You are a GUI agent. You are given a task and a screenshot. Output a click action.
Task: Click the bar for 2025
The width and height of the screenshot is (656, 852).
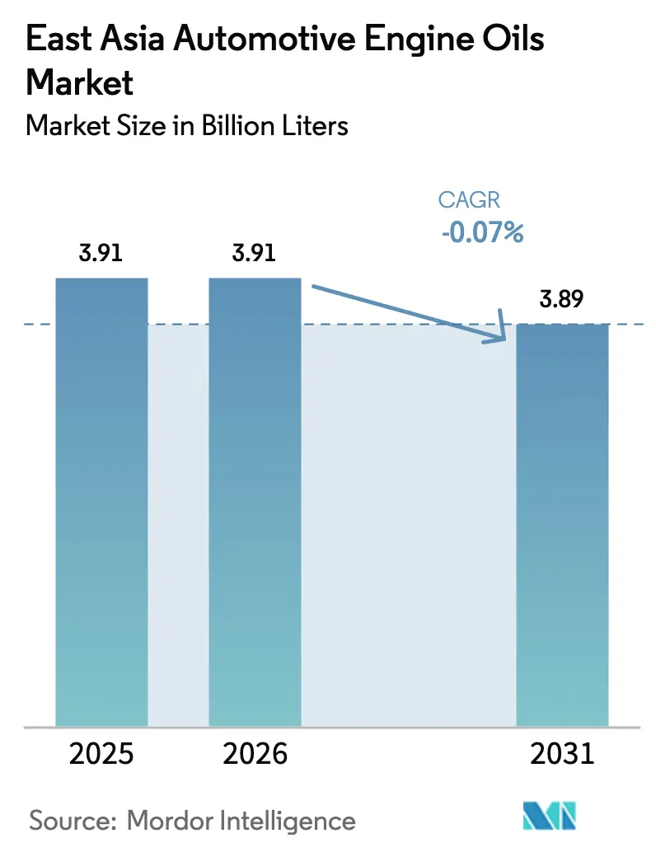click(101, 502)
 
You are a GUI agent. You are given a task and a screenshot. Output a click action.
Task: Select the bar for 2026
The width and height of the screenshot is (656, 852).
click(255, 502)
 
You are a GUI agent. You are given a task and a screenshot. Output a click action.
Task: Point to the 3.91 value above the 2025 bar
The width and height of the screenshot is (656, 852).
click(101, 254)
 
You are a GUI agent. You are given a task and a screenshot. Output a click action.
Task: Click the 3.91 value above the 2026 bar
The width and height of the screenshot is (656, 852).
click(255, 254)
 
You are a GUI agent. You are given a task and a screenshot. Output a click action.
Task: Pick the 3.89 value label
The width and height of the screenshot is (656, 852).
click(562, 300)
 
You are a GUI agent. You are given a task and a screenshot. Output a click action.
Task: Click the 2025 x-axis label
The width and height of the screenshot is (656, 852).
click(101, 753)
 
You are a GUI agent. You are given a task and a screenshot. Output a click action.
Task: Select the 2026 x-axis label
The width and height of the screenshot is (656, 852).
click(255, 753)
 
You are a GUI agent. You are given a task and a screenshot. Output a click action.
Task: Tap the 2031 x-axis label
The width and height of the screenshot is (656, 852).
click(562, 753)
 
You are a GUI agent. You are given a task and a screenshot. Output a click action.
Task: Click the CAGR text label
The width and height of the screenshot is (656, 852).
click(469, 200)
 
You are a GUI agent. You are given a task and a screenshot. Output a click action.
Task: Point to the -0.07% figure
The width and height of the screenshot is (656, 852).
click(482, 233)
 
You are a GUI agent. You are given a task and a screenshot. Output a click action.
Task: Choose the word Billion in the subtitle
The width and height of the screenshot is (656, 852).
click(241, 125)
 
